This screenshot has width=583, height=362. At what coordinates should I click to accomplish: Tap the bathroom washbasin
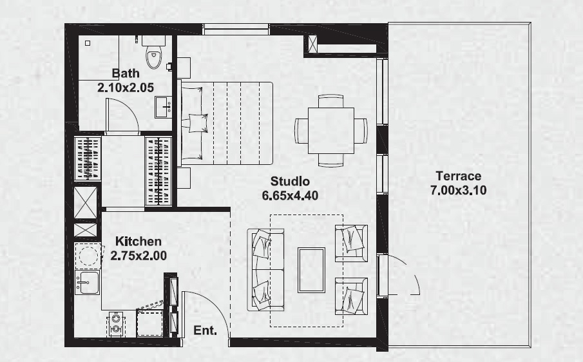coord(162,106)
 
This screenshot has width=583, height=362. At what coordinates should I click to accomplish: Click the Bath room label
coord(126,73)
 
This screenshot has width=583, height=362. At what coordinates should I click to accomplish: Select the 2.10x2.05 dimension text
coord(126,87)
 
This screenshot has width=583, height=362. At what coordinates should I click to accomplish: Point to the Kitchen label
coord(139,242)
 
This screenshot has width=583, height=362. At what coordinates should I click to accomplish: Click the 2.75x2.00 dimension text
coord(139,256)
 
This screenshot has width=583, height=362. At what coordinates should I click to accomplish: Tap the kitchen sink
coord(87,282)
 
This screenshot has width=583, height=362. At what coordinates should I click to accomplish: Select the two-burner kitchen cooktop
coord(116,323)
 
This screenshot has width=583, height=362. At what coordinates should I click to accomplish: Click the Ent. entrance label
coord(205,331)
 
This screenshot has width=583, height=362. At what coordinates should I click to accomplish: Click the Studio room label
coord(290,181)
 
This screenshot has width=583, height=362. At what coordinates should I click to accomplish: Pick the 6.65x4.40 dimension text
coord(290,195)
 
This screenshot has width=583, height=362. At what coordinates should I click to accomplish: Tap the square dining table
coord(330,129)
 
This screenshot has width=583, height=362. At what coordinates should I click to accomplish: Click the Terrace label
coord(458,176)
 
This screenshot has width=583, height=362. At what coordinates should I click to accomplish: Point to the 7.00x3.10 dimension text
coord(458,190)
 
